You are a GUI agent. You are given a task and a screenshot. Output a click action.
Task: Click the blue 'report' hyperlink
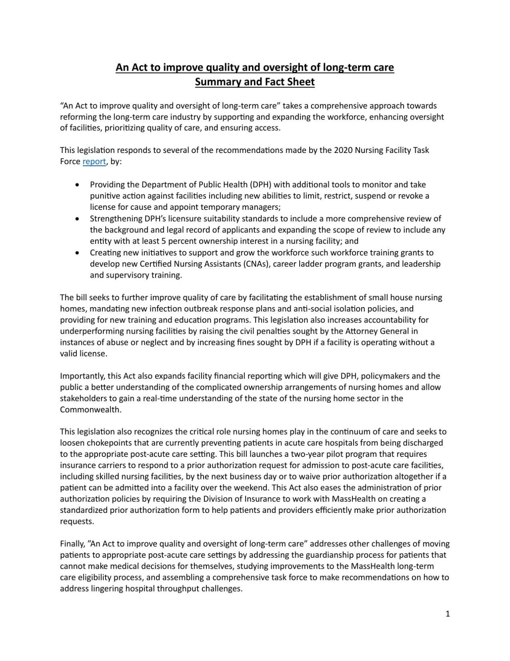coord(94,162)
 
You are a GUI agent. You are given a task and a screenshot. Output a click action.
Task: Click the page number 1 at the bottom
coord(448,614)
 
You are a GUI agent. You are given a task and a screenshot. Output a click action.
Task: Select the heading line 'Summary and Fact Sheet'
coord(254,82)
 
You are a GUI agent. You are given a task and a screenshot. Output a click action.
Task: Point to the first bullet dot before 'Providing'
coord(77,185)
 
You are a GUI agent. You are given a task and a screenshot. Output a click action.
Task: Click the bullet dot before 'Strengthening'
coord(77,219)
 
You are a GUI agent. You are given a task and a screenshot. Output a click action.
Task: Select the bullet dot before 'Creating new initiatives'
coord(77,253)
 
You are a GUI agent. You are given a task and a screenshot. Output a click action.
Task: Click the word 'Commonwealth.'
coord(90,410)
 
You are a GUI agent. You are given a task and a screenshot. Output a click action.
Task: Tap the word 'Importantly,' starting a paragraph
coord(83,376)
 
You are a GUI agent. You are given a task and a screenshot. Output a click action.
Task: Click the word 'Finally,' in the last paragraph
coord(73,544)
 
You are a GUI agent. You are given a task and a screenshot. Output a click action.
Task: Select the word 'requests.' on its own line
coord(77,521)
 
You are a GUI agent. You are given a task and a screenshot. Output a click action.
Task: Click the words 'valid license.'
coord(83,354)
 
